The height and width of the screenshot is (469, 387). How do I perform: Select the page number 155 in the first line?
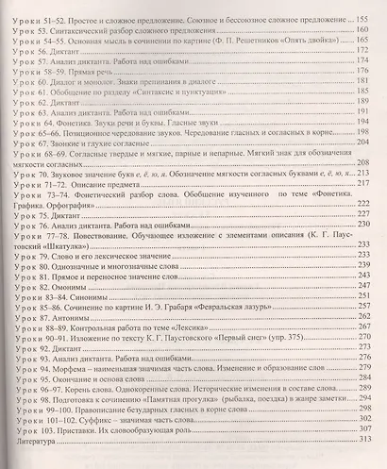click(369, 18)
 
